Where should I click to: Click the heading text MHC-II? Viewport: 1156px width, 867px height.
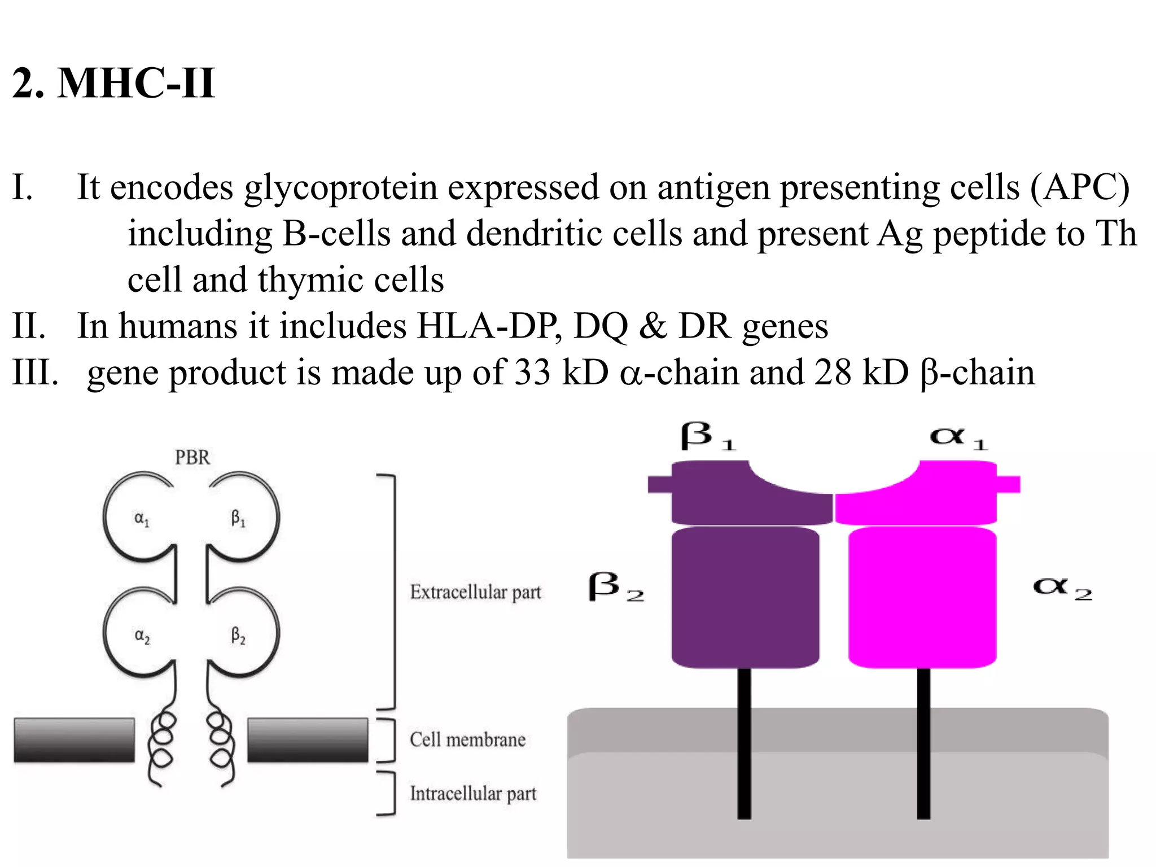coord(136,84)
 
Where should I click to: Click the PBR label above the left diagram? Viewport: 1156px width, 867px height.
coord(192,457)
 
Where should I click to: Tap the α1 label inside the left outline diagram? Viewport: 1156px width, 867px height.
coord(142,519)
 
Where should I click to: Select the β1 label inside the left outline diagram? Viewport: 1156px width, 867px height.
coord(238,518)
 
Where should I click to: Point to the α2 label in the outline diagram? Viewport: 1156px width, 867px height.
coord(142,636)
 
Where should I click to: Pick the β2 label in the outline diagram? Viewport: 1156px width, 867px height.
coord(238,636)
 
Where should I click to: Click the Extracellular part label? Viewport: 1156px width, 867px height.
coord(475,592)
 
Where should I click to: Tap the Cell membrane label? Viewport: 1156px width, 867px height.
coord(467,739)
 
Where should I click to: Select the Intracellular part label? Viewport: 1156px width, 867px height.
coord(473,794)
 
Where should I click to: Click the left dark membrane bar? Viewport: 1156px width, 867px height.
coord(74,740)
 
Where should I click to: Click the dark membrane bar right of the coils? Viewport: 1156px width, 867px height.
coord(308,740)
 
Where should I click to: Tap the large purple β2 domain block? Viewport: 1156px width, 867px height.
coord(745,597)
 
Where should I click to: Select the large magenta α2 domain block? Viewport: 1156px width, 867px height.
coord(922,597)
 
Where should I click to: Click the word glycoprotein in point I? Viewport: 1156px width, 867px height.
coord(341,187)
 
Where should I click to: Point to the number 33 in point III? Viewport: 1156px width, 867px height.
coord(532,373)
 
